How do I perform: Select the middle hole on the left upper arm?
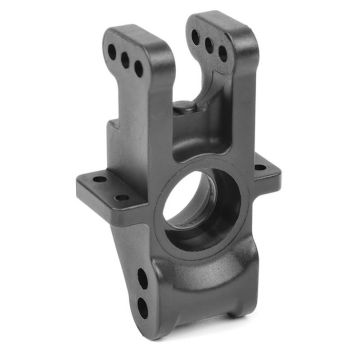125,59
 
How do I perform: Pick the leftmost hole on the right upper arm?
196,38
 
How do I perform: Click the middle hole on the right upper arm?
209,46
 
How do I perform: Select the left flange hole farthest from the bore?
99,180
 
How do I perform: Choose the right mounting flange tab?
263,172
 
